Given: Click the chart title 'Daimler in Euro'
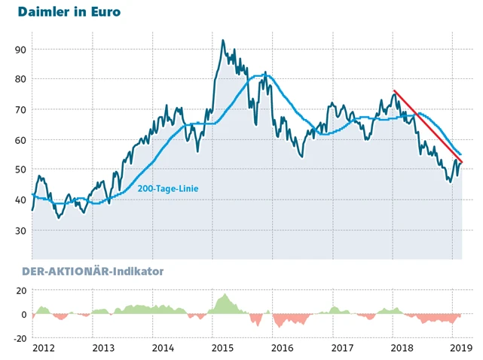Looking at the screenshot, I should pos(69,12).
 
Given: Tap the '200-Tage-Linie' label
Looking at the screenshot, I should pos(168,188).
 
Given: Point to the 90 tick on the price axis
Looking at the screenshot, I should pos(20,50).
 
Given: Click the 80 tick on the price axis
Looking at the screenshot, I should pos(20,79).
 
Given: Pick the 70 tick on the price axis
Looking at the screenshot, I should pos(20,110).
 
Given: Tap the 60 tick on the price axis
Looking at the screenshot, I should pos(20,140).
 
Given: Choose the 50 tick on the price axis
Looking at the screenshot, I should pos(20,170).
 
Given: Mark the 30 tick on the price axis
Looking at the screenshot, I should pos(20,230).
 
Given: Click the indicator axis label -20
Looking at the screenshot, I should pos(18,338).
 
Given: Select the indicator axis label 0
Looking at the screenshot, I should pos(23,315).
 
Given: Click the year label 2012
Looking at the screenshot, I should pos(42,348).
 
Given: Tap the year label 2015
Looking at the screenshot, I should pos(222,348).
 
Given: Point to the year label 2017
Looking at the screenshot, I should pos(342,348).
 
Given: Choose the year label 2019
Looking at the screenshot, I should pos(460,348).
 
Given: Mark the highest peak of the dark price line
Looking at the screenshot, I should pos(222,41).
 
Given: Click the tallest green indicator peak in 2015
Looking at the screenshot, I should pos(225,295).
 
